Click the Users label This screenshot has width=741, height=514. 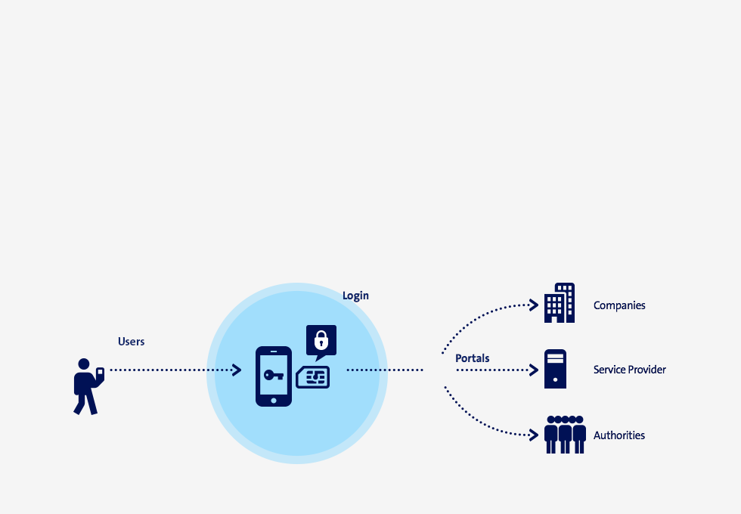132,342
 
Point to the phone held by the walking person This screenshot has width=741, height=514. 100,373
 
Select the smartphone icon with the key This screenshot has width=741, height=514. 274,376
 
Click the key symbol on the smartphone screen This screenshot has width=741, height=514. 274,375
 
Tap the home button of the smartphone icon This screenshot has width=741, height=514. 274,401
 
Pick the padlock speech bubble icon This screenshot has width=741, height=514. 321,342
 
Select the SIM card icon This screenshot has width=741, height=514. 313,377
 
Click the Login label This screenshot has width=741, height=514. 355,296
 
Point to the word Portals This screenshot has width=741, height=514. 472,358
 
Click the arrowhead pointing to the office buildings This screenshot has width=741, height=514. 534,305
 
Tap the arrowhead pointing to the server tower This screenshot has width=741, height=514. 534,370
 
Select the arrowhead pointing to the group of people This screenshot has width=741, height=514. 534,435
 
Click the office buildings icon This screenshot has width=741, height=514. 560,303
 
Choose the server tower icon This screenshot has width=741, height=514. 555,369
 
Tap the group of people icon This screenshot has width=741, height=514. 566,435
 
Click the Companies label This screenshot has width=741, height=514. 619,305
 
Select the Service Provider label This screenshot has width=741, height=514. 629,370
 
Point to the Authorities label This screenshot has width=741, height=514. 619,435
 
